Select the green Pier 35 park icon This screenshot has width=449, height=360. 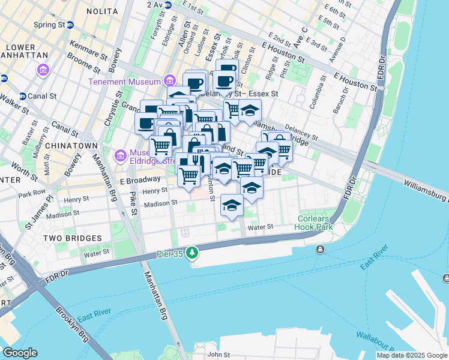click(192, 252)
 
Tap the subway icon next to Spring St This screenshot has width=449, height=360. click(70, 25)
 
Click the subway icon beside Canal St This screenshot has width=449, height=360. click(23, 96)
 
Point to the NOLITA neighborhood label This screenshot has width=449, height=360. click(102, 11)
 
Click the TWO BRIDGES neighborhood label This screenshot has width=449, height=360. click(73, 238)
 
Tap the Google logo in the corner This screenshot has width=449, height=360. click(20, 353)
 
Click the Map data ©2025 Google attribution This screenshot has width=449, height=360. click(412, 355)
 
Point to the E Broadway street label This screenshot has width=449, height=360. click(139, 179)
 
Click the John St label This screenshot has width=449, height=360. click(218, 355)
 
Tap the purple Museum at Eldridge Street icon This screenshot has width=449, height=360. click(119, 156)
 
